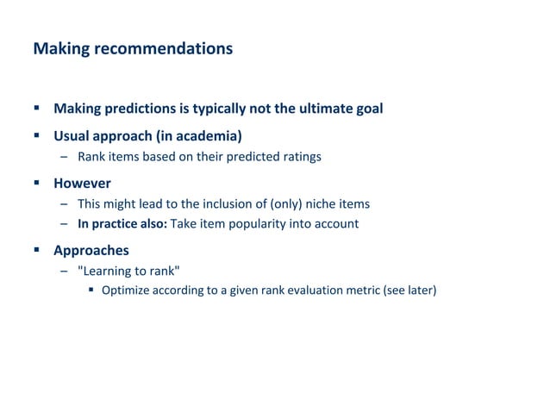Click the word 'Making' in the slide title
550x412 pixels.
(x=55, y=49)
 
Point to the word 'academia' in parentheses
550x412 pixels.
(x=205, y=135)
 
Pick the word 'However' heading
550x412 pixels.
(x=82, y=184)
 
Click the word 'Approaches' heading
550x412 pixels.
(x=91, y=251)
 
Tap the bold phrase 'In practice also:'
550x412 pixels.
(x=122, y=224)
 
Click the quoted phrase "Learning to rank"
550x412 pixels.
(x=128, y=272)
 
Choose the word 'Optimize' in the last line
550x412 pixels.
(x=126, y=290)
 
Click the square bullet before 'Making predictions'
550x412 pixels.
(x=37, y=109)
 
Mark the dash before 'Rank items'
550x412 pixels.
(x=64, y=157)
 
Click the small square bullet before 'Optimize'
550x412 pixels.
(x=91, y=290)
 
